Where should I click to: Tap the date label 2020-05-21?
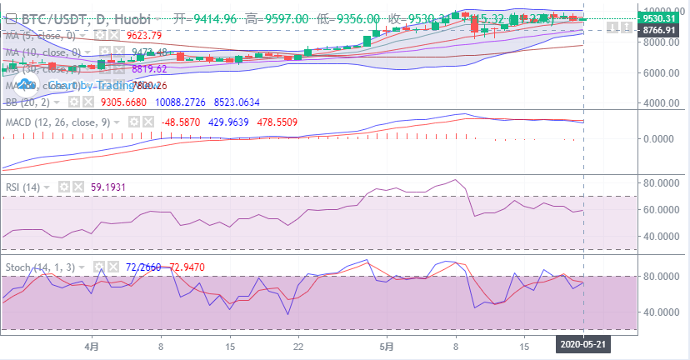click(583, 343)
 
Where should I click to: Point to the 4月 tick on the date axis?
click(92, 343)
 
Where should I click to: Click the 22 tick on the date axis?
click(297, 343)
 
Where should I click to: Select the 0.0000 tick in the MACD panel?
click(662, 139)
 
